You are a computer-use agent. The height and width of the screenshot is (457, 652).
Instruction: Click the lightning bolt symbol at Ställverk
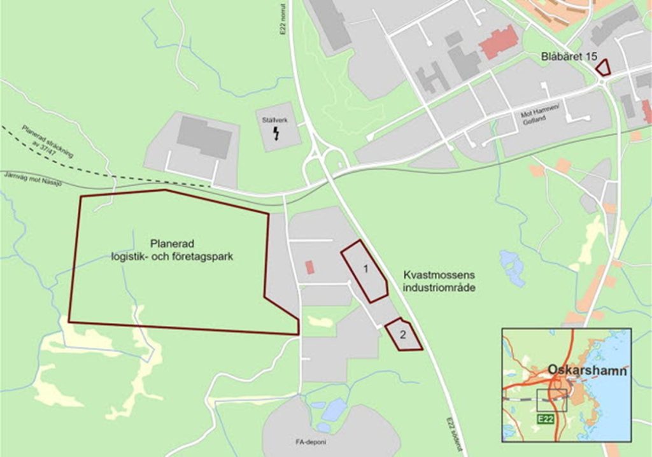point(277,133)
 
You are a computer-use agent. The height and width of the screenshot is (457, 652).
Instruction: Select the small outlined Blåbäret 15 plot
point(603,67)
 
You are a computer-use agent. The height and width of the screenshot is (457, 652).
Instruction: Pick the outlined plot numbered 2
point(402,335)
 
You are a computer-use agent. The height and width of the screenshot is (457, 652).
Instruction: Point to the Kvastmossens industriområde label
point(439,281)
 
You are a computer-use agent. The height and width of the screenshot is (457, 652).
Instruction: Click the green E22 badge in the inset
point(546,418)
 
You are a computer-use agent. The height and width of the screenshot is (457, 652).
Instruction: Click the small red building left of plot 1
point(309,267)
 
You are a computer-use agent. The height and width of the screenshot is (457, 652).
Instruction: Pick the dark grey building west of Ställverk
point(204,136)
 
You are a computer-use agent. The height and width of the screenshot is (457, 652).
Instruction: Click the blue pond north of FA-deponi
point(333,409)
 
